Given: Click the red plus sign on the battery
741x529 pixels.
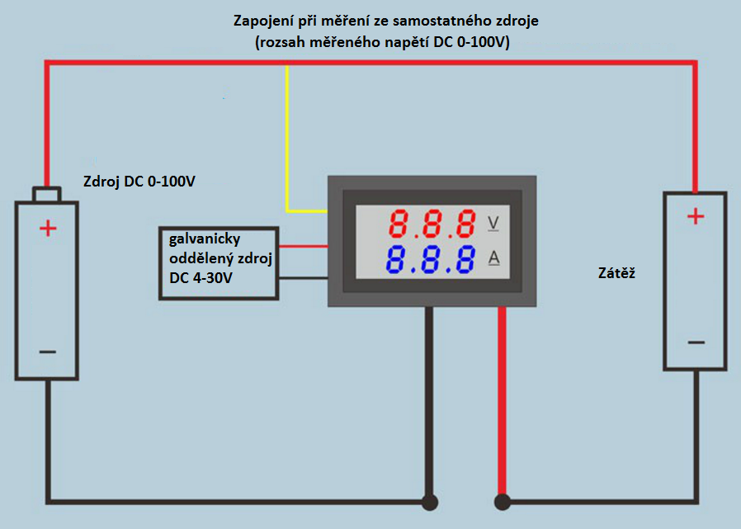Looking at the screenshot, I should click(49, 229).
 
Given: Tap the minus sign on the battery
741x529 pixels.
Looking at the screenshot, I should click(48, 352).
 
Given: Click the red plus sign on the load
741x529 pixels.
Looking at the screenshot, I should click(696, 217).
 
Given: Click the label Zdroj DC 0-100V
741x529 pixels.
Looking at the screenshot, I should click(139, 182).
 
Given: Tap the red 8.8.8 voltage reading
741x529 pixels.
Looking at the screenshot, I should click(433, 224).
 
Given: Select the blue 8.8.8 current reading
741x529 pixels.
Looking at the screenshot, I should click(433, 259).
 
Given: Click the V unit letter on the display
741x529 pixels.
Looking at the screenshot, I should click(494, 223).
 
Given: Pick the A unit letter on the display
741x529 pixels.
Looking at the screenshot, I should click(494, 258).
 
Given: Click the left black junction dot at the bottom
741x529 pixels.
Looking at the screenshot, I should click(429, 501).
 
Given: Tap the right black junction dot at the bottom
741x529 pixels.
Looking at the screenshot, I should click(501, 501).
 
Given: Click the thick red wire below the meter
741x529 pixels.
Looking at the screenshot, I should click(501, 396).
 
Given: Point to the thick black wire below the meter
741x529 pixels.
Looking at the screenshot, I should click(429, 396).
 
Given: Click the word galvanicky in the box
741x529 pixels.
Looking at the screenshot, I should click(204, 239).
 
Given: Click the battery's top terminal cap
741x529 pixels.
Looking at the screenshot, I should click(46, 195).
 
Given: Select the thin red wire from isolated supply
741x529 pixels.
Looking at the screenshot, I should click(303, 246).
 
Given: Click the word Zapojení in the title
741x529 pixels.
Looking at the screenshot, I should click(262, 19).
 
